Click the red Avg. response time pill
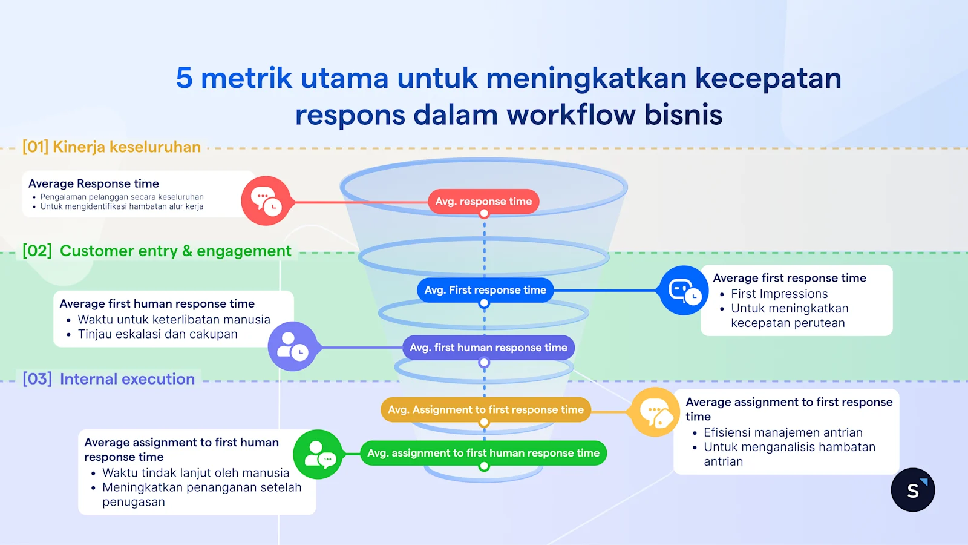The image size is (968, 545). pyautogui.click(x=483, y=202)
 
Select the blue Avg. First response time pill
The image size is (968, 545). pyautogui.click(x=485, y=290)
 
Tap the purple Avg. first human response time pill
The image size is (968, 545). pyautogui.click(x=488, y=348)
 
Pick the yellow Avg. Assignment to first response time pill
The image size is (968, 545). pyautogui.click(x=486, y=410)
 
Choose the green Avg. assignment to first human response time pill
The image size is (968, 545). pyautogui.click(x=483, y=453)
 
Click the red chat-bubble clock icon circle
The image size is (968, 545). pyautogui.click(x=266, y=201)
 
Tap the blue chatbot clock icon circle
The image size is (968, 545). pyautogui.click(x=684, y=290)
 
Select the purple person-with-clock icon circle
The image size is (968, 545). pyautogui.click(x=293, y=346)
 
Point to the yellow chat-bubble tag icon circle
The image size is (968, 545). pyautogui.click(x=655, y=412)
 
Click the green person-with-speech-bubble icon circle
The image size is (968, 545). pyautogui.click(x=318, y=454)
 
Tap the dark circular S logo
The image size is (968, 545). pyautogui.click(x=912, y=490)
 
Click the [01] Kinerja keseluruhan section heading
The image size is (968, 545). pyautogui.click(x=111, y=147)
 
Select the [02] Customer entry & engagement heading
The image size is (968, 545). pyautogui.click(x=157, y=251)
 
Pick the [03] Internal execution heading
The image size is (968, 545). pyautogui.click(x=109, y=379)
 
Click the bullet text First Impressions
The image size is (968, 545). pyautogui.click(x=779, y=294)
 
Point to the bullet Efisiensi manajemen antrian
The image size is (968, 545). pyautogui.click(x=783, y=432)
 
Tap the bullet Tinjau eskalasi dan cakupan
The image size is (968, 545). pyautogui.click(x=157, y=334)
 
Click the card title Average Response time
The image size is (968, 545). pyautogui.click(x=94, y=183)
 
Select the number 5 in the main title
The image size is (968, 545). pyautogui.click(x=184, y=79)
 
